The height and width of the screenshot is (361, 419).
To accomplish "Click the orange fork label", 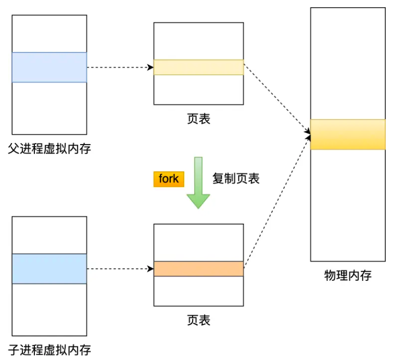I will tap(169, 178).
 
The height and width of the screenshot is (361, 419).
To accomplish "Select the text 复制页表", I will tap(236, 178).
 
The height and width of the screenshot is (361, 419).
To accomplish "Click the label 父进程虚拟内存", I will tap(49, 149).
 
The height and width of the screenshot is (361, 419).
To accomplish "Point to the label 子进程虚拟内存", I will tap(49, 350).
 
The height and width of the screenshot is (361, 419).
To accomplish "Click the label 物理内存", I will tap(348, 275).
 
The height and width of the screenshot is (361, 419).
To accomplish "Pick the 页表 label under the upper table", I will tap(198, 119).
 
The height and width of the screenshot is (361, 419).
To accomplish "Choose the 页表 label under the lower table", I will tap(198, 319).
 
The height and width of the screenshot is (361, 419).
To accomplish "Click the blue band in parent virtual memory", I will tap(49, 67).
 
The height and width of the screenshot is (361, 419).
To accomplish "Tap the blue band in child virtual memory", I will tap(49, 268).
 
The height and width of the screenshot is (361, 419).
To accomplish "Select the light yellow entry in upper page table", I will tap(198, 67).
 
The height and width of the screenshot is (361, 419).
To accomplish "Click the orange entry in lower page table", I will tap(198, 268).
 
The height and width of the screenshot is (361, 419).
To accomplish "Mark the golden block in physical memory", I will tap(348, 134).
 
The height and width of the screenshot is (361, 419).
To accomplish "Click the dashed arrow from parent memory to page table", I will tap(120, 67).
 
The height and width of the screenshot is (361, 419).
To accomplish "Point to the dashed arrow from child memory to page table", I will tap(120, 269).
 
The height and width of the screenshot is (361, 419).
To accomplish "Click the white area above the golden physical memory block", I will tap(348, 62).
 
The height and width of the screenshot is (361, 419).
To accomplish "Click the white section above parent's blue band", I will tap(49, 33).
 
